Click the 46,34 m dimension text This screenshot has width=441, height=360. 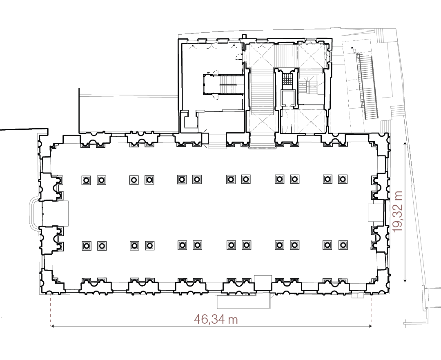pyautogui.click(x=216, y=319)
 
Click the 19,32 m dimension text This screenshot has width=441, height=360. pyautogui.click(x=397, y=211)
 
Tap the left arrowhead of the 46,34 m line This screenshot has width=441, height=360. pyautogui.click(x=52, y=326)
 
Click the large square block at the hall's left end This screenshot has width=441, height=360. pyautogui.click(x=55, y=213)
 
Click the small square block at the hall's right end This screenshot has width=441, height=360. pyautogui.click(x=375, y=213)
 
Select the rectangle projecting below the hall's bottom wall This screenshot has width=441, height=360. pyautogui.click(x=244, y=301)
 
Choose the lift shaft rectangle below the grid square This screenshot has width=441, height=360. pyautogui.click(x=287, y=98)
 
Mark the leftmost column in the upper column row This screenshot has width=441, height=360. pyautogui.click(x=86, y=180)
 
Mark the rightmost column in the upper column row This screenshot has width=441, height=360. pyautogui.click(x=342, y=179)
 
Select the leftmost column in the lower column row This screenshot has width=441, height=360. pyautogui.click(x=86, y=245)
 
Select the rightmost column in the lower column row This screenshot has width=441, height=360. pyautogui.click(x=342, y=245)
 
